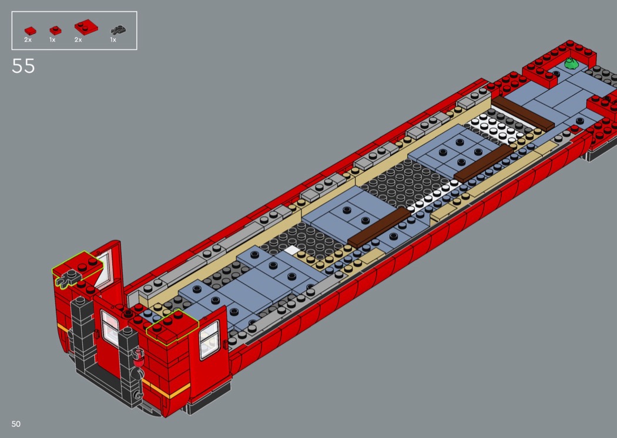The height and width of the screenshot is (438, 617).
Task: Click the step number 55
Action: click(x=24, y=66)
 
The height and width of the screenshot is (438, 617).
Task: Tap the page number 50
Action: click(x=16, y=424)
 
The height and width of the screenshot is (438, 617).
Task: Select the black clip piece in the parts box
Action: click(x=118, y=30)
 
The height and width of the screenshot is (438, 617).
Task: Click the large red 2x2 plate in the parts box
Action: click(x=86, y=27)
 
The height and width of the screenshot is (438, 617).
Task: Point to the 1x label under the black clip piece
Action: click(x=113, y=40)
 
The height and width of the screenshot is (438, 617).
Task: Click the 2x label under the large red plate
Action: click(x=78, y=40)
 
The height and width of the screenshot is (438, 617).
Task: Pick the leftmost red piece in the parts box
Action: click(x=30, y=31)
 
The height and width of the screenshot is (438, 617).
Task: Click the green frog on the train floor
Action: click(x=571, y=63)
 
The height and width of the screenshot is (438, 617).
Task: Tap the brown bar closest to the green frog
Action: click(x=523, y=113)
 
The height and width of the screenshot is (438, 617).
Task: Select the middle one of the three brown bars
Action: click(x=484, y=163)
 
